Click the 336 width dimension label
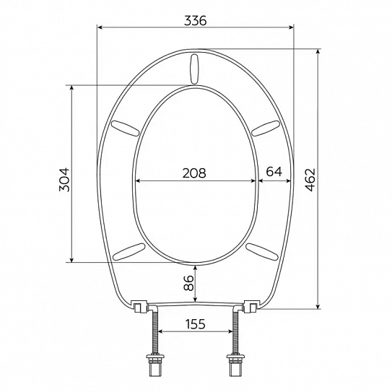[196, 20]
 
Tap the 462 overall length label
[310, 180]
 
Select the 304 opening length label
[64, 180]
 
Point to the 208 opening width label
[194, 173]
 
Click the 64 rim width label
[274, 172]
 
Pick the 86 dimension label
[189, 283]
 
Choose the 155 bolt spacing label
[195, 324]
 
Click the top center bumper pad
[194, 69]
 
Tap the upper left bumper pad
[125, 128]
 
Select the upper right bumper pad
[265, 128]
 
